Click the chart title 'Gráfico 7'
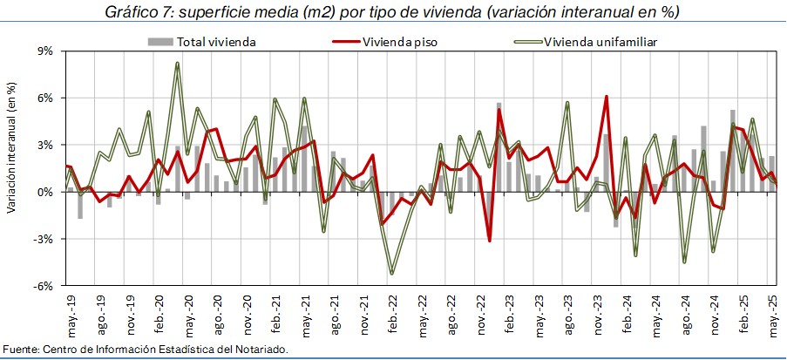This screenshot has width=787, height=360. pyautogui.click(x=142, y=12)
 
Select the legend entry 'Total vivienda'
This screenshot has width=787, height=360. pyautogui.click(x=216, y=41)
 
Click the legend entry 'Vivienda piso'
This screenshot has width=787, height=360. pyautogui.click(x=400, y=41)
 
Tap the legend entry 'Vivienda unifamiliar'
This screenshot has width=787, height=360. pyautogui.click(x=600, y=41)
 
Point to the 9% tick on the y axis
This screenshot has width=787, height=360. pyautogui.click(x=44, y=51)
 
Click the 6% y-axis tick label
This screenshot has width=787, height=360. pyautogui.click(x=44, y=98)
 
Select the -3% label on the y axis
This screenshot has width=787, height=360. pyautogui.click(x=43, y=239)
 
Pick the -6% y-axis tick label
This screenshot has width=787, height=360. pyautogui.click(x=43, y=286)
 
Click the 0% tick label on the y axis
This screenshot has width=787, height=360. pyautogui.click(x=44, y=192)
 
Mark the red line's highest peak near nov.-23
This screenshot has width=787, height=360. pyautogui.click(x=606, y=97)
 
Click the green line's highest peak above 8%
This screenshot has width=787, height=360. pyautogui.click(x=177, y=64)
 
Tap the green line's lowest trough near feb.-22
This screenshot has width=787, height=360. pyautogui.click(x=391, y=273)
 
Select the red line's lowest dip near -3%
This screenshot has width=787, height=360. pyautogui.click(x=489, y=240)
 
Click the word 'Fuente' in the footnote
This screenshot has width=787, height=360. pyautogui.click(x=19, y=350)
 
